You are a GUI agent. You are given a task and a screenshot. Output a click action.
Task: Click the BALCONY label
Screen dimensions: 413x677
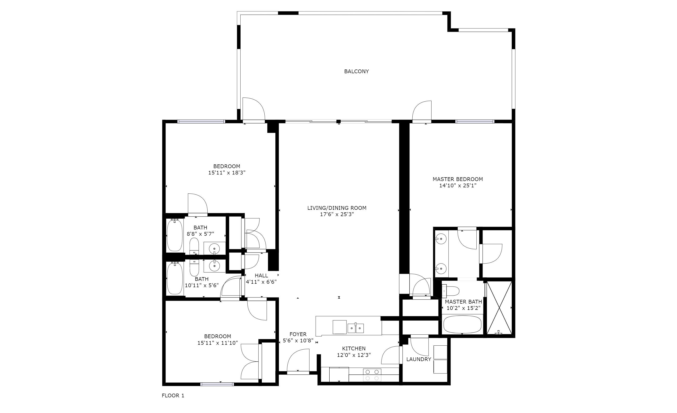(x=356, y=71)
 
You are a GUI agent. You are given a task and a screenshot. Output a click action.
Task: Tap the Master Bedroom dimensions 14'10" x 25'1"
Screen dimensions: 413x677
(x=457, y=185)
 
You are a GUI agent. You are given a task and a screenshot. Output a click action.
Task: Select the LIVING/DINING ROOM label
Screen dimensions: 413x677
(x=337, y=208)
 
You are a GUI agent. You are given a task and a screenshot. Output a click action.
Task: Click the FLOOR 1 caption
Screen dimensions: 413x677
(x=173, y=395)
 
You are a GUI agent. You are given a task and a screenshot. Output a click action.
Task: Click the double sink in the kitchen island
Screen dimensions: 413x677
(x=356, y=328)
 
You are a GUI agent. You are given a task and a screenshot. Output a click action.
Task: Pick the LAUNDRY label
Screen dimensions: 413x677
(x=418, y=359)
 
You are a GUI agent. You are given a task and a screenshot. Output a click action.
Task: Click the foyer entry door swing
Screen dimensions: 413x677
(x=298, y=361)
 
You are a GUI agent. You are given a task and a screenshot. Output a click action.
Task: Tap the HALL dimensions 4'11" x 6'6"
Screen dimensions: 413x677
(x=261, y=282)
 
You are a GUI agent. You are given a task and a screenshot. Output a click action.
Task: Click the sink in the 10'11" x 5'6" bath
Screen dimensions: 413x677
(x=214, y=265)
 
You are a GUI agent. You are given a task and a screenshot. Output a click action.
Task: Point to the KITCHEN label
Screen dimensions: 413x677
(x=354, y=348)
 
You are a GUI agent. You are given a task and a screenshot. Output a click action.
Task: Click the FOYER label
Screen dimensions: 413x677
(x=298, y=334)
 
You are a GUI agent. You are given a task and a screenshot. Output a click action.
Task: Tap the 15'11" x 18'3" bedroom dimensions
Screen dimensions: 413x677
(x=227, y=173)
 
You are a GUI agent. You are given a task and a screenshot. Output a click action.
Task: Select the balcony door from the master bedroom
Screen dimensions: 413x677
(x=422, y=111)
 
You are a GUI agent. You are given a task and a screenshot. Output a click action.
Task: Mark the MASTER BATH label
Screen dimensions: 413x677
(x=463, y=302)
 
